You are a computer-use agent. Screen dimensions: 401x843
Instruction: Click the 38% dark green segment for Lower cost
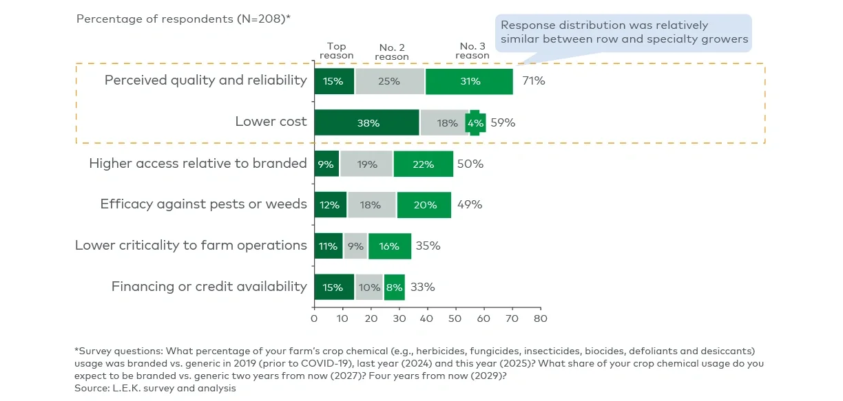click(366, 123)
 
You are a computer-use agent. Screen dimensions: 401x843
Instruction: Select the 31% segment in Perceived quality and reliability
click(469, 81)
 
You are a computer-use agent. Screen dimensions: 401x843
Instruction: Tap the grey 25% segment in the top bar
click(390, 81)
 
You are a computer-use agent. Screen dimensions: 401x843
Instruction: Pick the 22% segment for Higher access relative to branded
click(423, 164)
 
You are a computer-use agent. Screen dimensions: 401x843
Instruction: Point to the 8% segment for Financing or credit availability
click(394, 288)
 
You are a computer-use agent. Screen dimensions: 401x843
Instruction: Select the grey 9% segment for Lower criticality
click(356, 246)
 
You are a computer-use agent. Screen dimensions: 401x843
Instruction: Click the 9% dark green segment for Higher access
click(326, 164)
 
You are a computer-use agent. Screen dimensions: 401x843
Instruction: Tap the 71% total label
click(533, 81)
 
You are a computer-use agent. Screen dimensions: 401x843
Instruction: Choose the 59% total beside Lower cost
click(503, 123)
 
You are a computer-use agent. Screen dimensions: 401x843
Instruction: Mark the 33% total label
click(422, 288)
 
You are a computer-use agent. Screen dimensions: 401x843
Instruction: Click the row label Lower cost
click(271, 122)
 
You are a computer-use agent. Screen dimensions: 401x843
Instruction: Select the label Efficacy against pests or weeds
click(203, 204)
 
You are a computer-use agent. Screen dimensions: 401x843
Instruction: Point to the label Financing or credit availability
click(209, 287)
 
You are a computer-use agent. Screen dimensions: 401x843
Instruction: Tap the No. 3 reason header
click(472, 51)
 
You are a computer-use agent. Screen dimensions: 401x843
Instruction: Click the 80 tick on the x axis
click(541, 318)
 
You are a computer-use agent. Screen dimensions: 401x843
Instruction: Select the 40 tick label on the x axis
click(427, 318)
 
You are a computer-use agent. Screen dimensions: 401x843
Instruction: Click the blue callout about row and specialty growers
click(624, 32)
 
